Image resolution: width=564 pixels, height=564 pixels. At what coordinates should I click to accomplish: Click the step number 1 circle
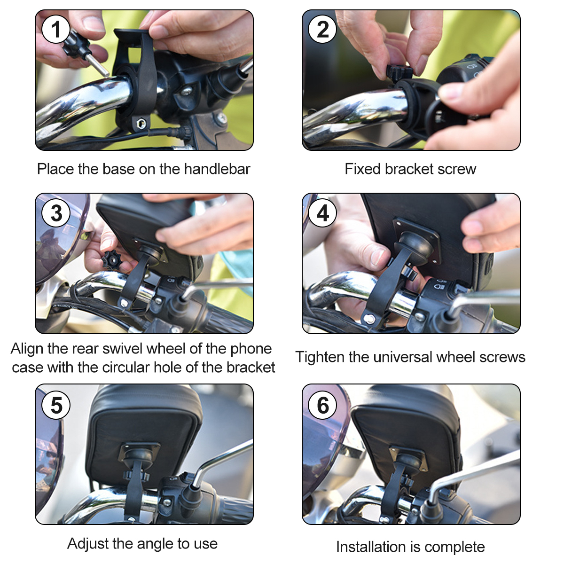(x=56, y=30)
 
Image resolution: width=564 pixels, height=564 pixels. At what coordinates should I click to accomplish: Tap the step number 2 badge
(x=322, y=30)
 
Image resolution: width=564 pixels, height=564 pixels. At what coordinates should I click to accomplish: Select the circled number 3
(x=56, y=213)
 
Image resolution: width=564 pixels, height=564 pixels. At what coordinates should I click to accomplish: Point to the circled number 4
(x=322, y=213)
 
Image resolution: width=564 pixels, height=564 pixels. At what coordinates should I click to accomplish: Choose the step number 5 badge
(x=56, y=405)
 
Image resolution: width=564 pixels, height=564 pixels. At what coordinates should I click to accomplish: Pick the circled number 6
(x=322, y=405)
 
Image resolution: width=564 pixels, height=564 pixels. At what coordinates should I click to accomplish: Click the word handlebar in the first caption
(x=217, y=169)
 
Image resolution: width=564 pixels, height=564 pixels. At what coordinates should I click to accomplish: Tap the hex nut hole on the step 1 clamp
(x=141, y=123)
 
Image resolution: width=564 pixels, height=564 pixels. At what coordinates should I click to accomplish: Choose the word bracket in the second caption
(x=409, y=169)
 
